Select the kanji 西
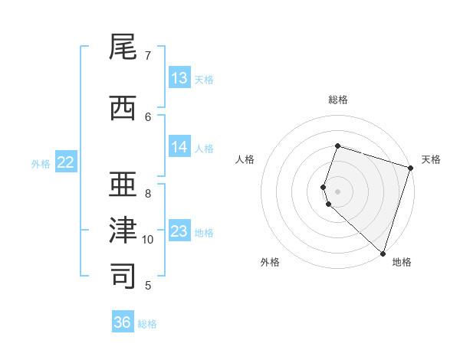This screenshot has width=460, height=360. (x=124, y=109)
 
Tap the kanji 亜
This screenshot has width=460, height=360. (x=124, y=185)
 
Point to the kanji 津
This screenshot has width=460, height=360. (x=124, y=230)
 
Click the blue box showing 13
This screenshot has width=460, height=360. (x=179, y=78)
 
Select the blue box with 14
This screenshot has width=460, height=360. (x=179, y=147)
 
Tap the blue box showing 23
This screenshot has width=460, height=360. (x=179, y=231)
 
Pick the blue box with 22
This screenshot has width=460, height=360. (x=66, y=162)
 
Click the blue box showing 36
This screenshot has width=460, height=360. (x=123, y=322)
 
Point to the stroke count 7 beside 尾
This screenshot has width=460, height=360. (x=148, y=56)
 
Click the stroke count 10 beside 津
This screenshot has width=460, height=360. (x=148, y=240)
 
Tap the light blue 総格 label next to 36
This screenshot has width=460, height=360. (x=147, y=324)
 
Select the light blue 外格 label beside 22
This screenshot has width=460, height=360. (x=41, y=164)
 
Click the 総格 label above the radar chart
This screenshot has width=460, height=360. (x=338, y=100)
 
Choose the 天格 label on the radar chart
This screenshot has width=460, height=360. (x=431, y=159)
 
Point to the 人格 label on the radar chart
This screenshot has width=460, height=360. (x=245, y=159)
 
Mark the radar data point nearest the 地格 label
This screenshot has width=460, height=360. (x=383, y=253)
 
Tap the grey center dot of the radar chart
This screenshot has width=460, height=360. (x=338, y=191)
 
